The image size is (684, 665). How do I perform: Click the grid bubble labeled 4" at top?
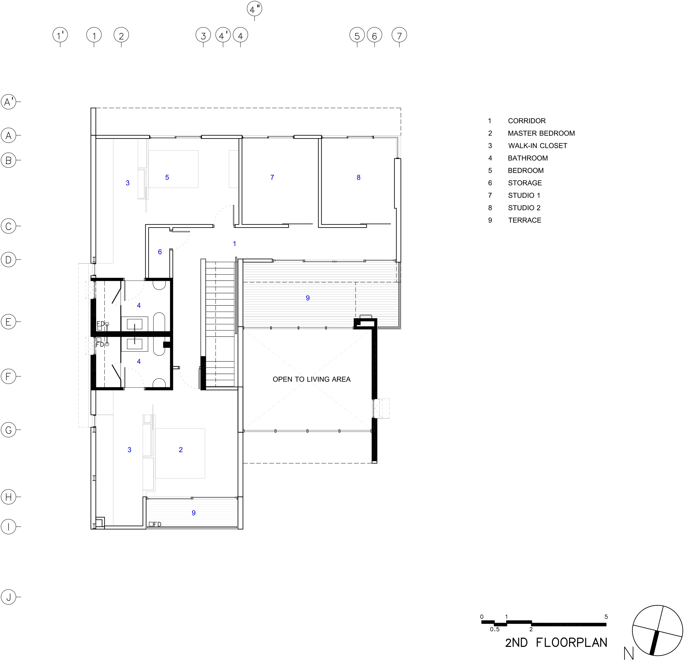click(254, 9)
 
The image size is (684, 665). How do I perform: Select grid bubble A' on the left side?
click(9, 102)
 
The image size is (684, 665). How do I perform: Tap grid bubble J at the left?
click(9, 597)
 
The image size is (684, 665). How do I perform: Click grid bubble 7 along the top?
click(399, 35)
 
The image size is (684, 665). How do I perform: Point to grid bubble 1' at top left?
click(60, 35)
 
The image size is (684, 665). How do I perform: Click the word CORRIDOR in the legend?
click(527, 121)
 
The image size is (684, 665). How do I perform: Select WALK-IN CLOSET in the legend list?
click(537, 146)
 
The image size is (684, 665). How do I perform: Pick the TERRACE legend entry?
click(524, 220)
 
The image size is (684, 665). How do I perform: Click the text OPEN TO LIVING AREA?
click(311, 379)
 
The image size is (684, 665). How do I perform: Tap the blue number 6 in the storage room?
click(160, 252)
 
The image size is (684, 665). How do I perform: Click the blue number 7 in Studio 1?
click(272, 177)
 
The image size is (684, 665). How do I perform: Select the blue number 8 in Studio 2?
click(358, 177)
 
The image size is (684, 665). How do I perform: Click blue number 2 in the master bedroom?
click(181, 450)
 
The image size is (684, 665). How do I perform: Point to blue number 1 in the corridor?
click(235, 244)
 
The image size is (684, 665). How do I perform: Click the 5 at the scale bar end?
click(606, 617)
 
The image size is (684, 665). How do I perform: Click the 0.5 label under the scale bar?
click(495, 629)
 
